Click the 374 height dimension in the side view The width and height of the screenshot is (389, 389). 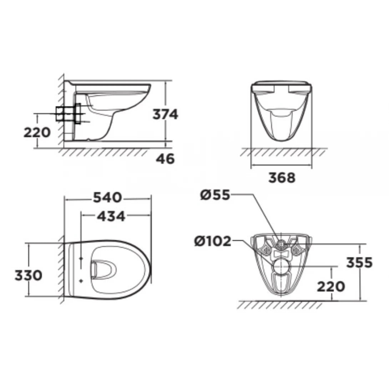click(165, 114)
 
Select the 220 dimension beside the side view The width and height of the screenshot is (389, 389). click(37, 132)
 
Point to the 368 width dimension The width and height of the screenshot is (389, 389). click(282, 177)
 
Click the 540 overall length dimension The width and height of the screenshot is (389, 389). click(107, 197)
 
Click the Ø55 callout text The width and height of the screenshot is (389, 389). click(215, 195)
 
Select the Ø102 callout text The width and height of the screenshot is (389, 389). click(213, 241)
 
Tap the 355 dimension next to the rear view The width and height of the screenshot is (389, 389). click(359, 262)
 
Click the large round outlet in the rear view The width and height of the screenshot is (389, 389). click(281, 266)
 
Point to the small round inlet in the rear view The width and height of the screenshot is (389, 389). click(281, 244)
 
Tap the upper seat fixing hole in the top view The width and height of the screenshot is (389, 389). click(81, 258)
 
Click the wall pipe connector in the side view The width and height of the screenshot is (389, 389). click(68, 113)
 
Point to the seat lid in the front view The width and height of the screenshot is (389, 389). click(282, 84)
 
